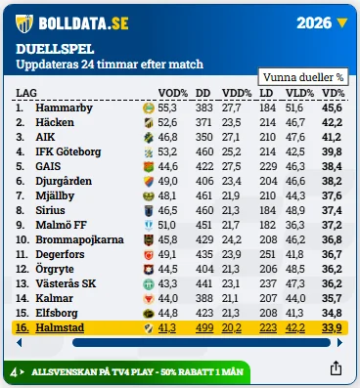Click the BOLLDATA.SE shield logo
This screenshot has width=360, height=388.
pyautogui.click(x=24, y=23)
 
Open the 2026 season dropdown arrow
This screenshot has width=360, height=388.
pyautogui.click(x=342, y=23)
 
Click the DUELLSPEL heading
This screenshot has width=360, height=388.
pyautogui.click(x=55, y=49)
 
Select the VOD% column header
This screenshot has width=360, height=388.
pyautogui.click(x=173, y=93)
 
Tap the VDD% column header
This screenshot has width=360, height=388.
pyautogui.click(x=237, y=93)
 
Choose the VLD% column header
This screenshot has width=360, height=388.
pyautogui.click(x=299, y=93)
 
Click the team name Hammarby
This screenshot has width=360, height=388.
pyautogui.click(x=64, y=108)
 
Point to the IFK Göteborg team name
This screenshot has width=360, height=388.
pyautogui.click(x=68, y=151)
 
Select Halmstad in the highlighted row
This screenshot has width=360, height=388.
pyautogui.click(x=60, y=327)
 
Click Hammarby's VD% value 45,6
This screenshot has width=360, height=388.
pyautogui.click(x=332, y=108)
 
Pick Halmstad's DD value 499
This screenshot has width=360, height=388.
pyautogui.click(x=204, y=327)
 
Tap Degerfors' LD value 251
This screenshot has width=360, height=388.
pyautogui.click(x=268, y=254)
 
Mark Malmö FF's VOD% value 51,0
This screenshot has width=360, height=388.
pyautogui.click(x=167, y=225)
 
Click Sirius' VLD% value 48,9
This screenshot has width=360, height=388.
pyautogui.click(x=295, y=210)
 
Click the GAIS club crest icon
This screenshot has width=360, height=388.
pyautogui.click(x=149, y=167)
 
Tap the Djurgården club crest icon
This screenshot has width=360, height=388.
pyautogui.click(x=149, y=182)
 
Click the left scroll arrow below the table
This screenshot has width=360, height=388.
pyautogui.click(x=20, y=343)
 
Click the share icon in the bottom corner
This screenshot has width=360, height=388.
pyautogui.click(x=336, y=368)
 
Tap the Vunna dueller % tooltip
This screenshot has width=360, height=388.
pyautogui.click(x=303, y=77)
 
